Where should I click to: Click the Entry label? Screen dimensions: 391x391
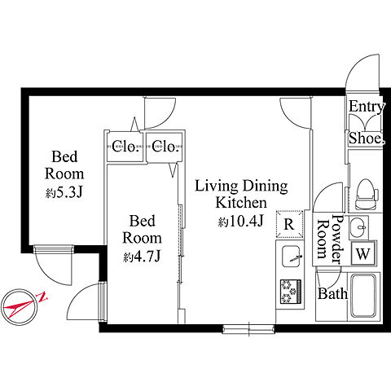(367, 107)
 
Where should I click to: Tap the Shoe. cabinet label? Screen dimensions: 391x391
(367, 138)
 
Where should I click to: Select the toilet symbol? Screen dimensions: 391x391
(367, 194)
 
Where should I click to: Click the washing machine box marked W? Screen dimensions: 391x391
(363, 254)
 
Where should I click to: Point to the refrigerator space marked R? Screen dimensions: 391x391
(289, 224)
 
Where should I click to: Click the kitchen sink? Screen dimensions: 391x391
(291, 257)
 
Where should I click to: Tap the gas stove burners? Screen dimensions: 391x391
(291, 292)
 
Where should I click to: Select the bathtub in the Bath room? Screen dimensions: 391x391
(363, 296)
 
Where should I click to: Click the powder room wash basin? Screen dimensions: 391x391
(358, 227)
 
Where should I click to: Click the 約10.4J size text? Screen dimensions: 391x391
(241, 222)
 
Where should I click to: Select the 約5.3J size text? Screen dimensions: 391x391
(64, 192)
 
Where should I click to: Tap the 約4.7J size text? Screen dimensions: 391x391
(142, 256)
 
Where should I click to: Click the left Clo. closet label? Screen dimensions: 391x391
(125, 147)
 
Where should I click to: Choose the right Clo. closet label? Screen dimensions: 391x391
(165, 147)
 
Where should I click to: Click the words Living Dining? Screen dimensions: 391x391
(241, 187)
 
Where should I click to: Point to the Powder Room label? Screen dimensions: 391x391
(330, 239)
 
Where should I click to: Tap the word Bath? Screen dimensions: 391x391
(332, 293)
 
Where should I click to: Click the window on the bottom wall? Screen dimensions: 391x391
(248, 329)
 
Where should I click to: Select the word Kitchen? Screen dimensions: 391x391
(241, 203)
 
